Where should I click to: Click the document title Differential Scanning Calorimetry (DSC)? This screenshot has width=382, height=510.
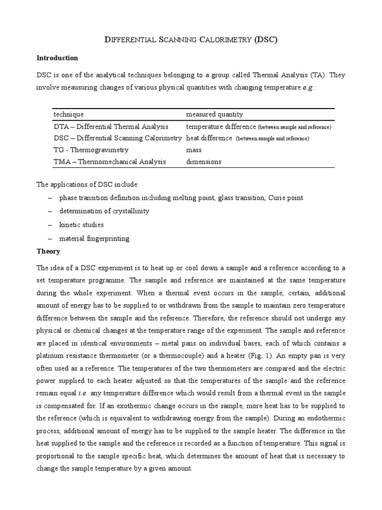(x=191, y=40)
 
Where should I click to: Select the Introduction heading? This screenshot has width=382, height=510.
(x=57, y=58)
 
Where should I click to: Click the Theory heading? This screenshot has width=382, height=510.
(x=48, y=252)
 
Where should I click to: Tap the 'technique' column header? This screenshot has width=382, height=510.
(x=69, y=115)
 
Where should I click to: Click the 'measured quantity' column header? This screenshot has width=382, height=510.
(x=214, y=115)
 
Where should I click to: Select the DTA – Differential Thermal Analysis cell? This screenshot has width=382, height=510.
(x=110, y=127)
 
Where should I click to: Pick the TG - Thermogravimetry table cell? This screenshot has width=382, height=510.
(x=91, y=150)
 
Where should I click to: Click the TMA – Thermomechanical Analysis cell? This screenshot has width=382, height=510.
(x=109, y=162)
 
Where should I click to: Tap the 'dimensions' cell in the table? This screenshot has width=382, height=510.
(x=203, y=162)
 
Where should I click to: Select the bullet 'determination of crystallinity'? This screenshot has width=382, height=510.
(x=104, y=211)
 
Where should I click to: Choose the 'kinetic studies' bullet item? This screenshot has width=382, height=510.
(x=82, y=225)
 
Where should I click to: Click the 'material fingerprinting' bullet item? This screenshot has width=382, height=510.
(x=94, y=239)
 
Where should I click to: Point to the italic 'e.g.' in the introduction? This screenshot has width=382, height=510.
(x=308, y=88)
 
